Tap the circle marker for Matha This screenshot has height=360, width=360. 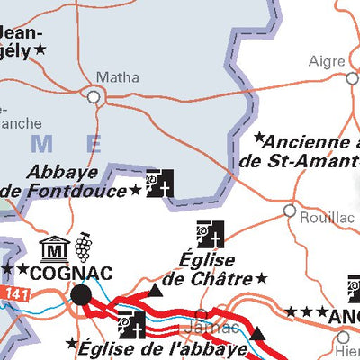(x=93, y=94)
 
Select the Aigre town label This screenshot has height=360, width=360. (x=328, y=61)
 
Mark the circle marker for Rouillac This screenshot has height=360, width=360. (x=290, y=211)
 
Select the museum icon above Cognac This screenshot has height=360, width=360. (x=55, y=247)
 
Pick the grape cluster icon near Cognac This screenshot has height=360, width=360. (x=84, y=245)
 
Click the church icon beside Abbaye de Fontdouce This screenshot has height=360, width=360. (x=160, y=184)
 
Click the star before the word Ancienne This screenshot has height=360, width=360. (x=259, y=139)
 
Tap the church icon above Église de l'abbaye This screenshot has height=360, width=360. (x=131, y=325)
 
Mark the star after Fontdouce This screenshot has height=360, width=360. (x=135, y=190)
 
